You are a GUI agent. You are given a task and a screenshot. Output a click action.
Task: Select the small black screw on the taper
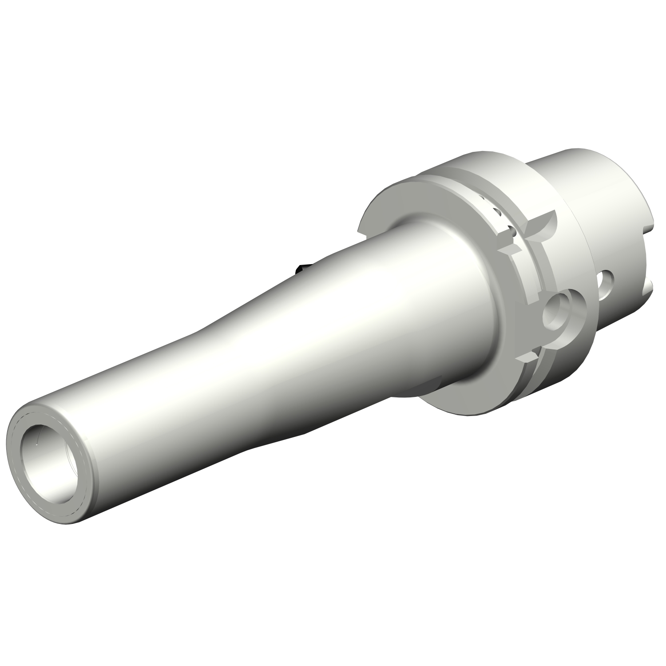point(301,268)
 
